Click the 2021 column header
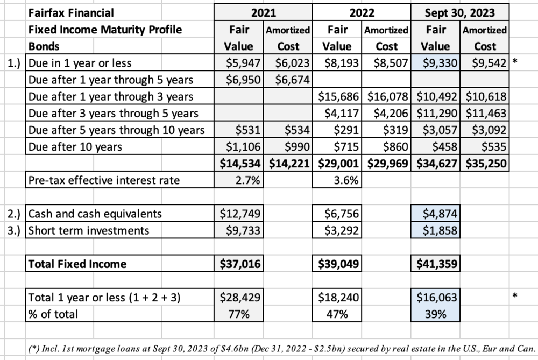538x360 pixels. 263,13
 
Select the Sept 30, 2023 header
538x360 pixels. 460,13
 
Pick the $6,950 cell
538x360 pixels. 243,80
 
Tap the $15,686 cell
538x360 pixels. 338,96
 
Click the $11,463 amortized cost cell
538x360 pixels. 486,113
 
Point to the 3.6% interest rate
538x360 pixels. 346,180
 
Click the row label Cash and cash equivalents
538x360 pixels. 95,214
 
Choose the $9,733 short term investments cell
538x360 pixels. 243,230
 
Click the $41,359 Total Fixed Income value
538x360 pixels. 437,264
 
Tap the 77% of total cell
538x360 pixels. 239,314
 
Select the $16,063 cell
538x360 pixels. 437,297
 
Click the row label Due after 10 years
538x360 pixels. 75,147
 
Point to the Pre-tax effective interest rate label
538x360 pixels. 104,180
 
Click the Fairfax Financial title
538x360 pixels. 70,13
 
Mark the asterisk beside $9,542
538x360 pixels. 514,62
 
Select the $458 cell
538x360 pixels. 445,147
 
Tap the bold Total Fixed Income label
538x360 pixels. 77,264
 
